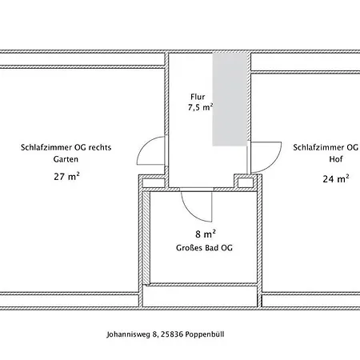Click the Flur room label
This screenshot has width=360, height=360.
198,97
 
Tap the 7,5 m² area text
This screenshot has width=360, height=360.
201,107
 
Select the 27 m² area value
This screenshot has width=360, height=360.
66,176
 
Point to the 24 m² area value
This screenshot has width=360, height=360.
336,178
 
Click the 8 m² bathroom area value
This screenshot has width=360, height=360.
206,234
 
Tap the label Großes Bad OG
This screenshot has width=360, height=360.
204,248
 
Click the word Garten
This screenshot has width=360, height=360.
66,159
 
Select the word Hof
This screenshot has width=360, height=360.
336,159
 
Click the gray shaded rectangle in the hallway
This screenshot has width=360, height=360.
230,99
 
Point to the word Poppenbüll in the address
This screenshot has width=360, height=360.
205,334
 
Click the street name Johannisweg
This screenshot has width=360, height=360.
128,334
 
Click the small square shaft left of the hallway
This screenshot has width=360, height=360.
154,183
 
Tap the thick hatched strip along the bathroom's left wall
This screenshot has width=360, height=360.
146,238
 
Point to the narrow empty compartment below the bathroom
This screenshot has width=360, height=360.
200,296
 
